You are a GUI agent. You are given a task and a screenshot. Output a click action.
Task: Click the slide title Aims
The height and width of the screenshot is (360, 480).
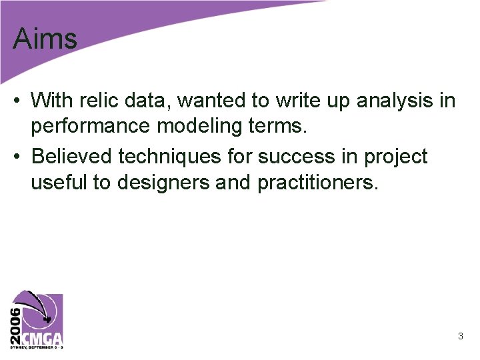[x=45, y=39]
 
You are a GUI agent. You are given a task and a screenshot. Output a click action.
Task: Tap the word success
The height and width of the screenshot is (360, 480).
[x=289, y=157]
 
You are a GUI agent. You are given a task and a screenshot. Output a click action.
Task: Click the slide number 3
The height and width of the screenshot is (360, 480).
[x=460, y=337]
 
